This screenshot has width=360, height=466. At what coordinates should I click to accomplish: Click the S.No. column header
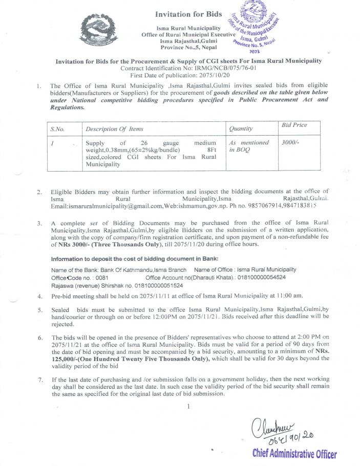pos(60,129)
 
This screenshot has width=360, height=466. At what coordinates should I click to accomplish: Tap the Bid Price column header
pos(294,125)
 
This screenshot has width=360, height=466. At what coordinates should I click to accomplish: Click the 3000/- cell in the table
pos(290,143)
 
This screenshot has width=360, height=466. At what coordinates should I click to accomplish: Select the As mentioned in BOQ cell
pos(249,146)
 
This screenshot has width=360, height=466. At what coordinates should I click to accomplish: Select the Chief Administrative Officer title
pos(294,454)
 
